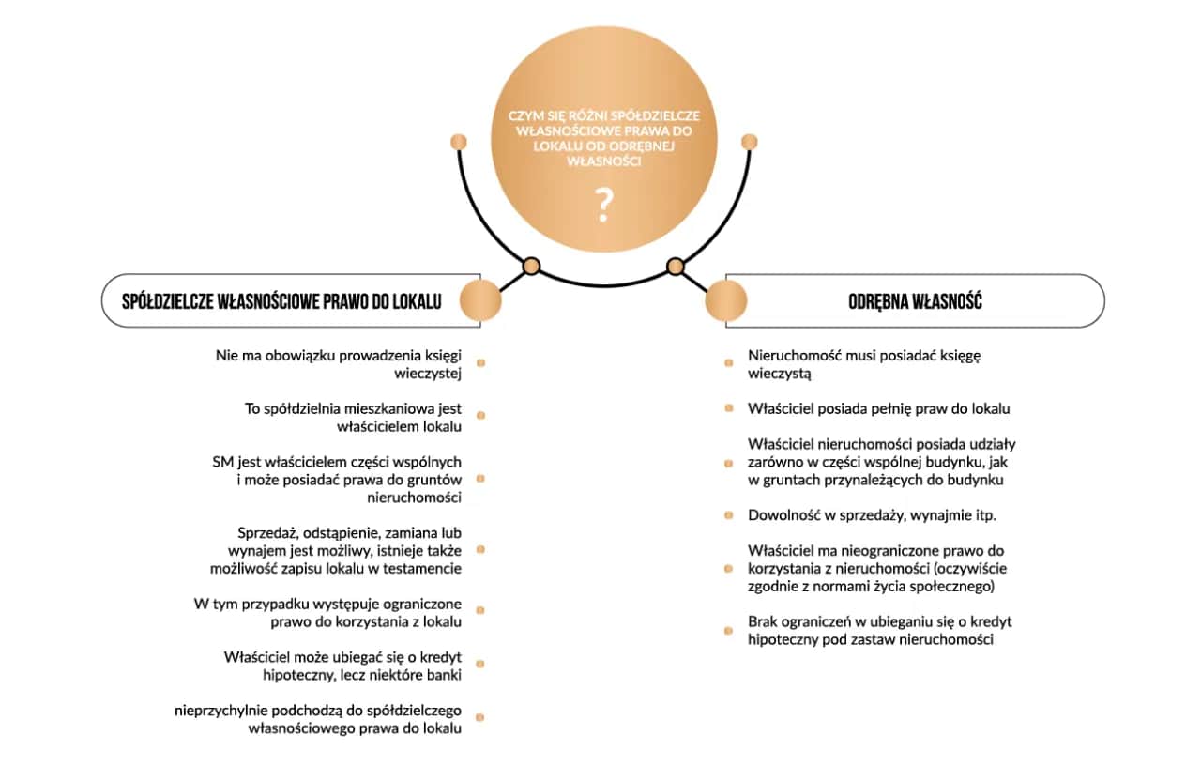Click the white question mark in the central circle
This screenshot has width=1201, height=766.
pyautogui.click(x=603, y=206)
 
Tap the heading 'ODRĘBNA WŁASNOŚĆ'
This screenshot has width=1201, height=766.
pyautogui.click(x=915, y=301)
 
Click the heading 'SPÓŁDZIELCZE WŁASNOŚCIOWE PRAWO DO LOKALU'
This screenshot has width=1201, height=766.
pyautogui.click(x=281, y=301)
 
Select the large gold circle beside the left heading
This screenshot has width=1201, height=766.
pyautogui.click(x=480, y=300)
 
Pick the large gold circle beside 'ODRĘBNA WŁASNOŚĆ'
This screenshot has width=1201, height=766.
pyautogui.click(x=726, y=300)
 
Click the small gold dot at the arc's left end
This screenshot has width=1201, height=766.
pyautogui.click(x=459, y=142)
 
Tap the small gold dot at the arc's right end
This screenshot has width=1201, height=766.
pyautogui.click(x=750, y=142)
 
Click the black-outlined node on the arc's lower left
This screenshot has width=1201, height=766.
pyautogui.click(x=531, y=266)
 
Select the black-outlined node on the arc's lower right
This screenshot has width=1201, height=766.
pyautogui.click(x=676, y=266)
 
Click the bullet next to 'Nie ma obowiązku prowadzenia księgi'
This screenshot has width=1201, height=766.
pyautogui.click(x=481, y=363)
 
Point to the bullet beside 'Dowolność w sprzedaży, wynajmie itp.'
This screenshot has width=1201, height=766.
pyautogui.click(x=729, y=515)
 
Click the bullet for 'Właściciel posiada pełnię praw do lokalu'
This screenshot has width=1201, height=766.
pyautogui.click(x=729, y=408)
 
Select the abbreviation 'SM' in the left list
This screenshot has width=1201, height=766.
pyautogui.click(x=223, y=462)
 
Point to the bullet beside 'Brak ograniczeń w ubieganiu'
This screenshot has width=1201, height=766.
pyautogui.click(x=729, y=631)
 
